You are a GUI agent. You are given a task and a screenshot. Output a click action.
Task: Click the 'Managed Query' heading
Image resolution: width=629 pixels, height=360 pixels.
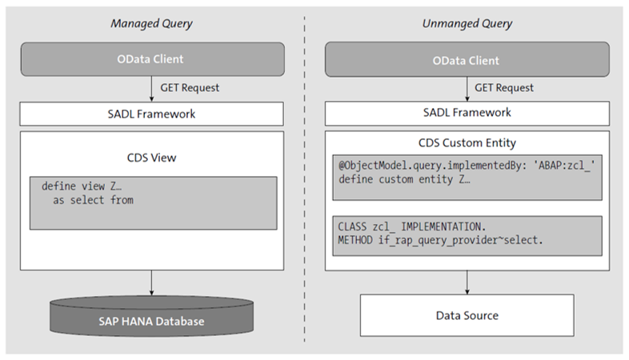pyautogui.click(x=151, y=23)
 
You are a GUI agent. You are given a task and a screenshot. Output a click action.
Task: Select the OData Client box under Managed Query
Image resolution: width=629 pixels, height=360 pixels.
pyautogui.click(x=151, y=60)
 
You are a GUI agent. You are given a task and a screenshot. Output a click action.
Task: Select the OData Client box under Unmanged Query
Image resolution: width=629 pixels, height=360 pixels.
pyautogui.click(x=466, y=60)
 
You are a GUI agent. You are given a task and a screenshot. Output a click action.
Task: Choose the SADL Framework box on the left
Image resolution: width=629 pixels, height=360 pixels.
pyautogui.click(x=151, y=114)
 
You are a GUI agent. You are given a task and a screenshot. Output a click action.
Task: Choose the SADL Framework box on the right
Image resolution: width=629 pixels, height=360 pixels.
pyautogui.click(x=466, y=114)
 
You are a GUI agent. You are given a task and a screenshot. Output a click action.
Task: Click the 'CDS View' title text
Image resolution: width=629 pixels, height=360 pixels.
pyautogui.click(x=151, y=157)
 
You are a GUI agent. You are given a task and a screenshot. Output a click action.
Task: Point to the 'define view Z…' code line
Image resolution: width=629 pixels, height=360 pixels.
pyautogui.click(x=80, y=186)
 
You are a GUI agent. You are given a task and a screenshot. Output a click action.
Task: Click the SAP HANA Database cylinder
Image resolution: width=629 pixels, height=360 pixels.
pyautogui.click(x=151, y=319)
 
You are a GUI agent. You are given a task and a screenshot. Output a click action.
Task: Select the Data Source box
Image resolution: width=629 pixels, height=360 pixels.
pyautogui.click(x=466, y=315)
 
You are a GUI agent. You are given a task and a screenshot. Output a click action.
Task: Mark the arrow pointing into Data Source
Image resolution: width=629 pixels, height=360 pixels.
pyautogui.click(x=466, y=281)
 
